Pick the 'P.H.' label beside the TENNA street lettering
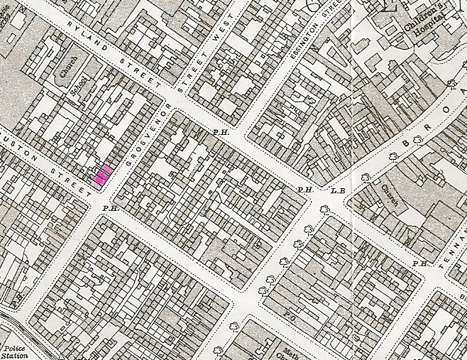[421, 264]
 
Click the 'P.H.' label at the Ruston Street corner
[109, 208]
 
